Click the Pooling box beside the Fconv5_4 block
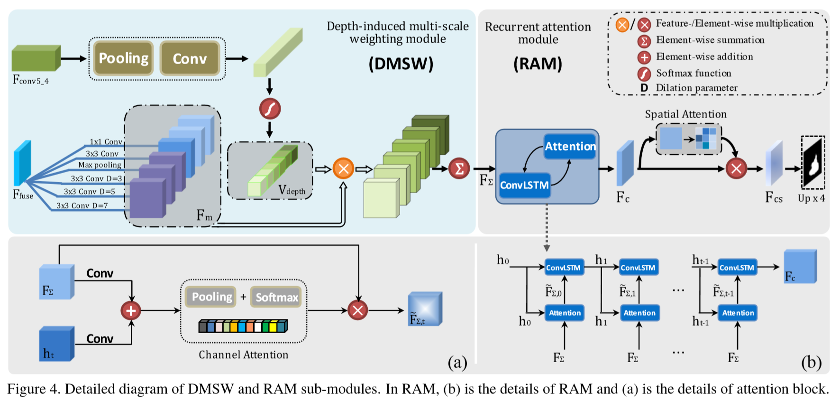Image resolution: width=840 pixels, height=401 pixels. coord(123,58)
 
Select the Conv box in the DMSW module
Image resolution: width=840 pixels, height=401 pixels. coord(190,58)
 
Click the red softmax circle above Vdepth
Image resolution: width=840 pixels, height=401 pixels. coord(270,109)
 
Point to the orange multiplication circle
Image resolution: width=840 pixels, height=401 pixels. coord(343,168)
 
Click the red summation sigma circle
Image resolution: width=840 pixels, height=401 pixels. coord(459,168)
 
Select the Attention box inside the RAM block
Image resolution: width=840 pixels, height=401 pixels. coord(570,146)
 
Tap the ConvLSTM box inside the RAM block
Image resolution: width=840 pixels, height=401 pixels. coord(524,185)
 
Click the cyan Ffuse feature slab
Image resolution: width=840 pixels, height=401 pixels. coord(22,163)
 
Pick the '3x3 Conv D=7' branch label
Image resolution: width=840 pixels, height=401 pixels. coord(82,205)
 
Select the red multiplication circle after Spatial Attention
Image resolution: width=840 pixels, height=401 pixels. coord(736,168)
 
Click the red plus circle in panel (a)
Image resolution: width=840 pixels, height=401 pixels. coord(131,311)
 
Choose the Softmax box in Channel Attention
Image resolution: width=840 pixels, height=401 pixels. coord(276,297)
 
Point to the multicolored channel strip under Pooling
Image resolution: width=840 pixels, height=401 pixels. coord(243,326)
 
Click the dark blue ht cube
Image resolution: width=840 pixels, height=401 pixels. coord(56,344)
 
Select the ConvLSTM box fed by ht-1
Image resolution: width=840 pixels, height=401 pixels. coord(737,268)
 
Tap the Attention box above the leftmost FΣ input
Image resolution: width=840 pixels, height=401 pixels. coord(564,313)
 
